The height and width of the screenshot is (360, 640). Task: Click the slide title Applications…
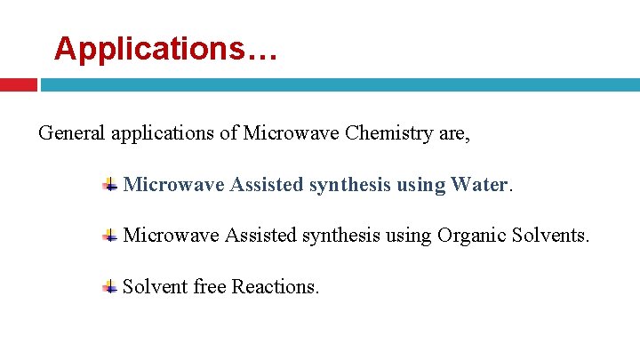(x=166, y=48)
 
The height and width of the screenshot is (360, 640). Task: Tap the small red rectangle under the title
(x=18, y=85)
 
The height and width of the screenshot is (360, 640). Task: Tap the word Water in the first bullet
(x=478, y=185)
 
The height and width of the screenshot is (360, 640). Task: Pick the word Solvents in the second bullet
(x=551, y=236)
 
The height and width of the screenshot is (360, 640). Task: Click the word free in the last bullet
(x=209, y=286)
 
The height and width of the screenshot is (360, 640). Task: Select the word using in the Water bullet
(x=420, y=185)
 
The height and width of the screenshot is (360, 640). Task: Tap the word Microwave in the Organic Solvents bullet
(x=172, y=236)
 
